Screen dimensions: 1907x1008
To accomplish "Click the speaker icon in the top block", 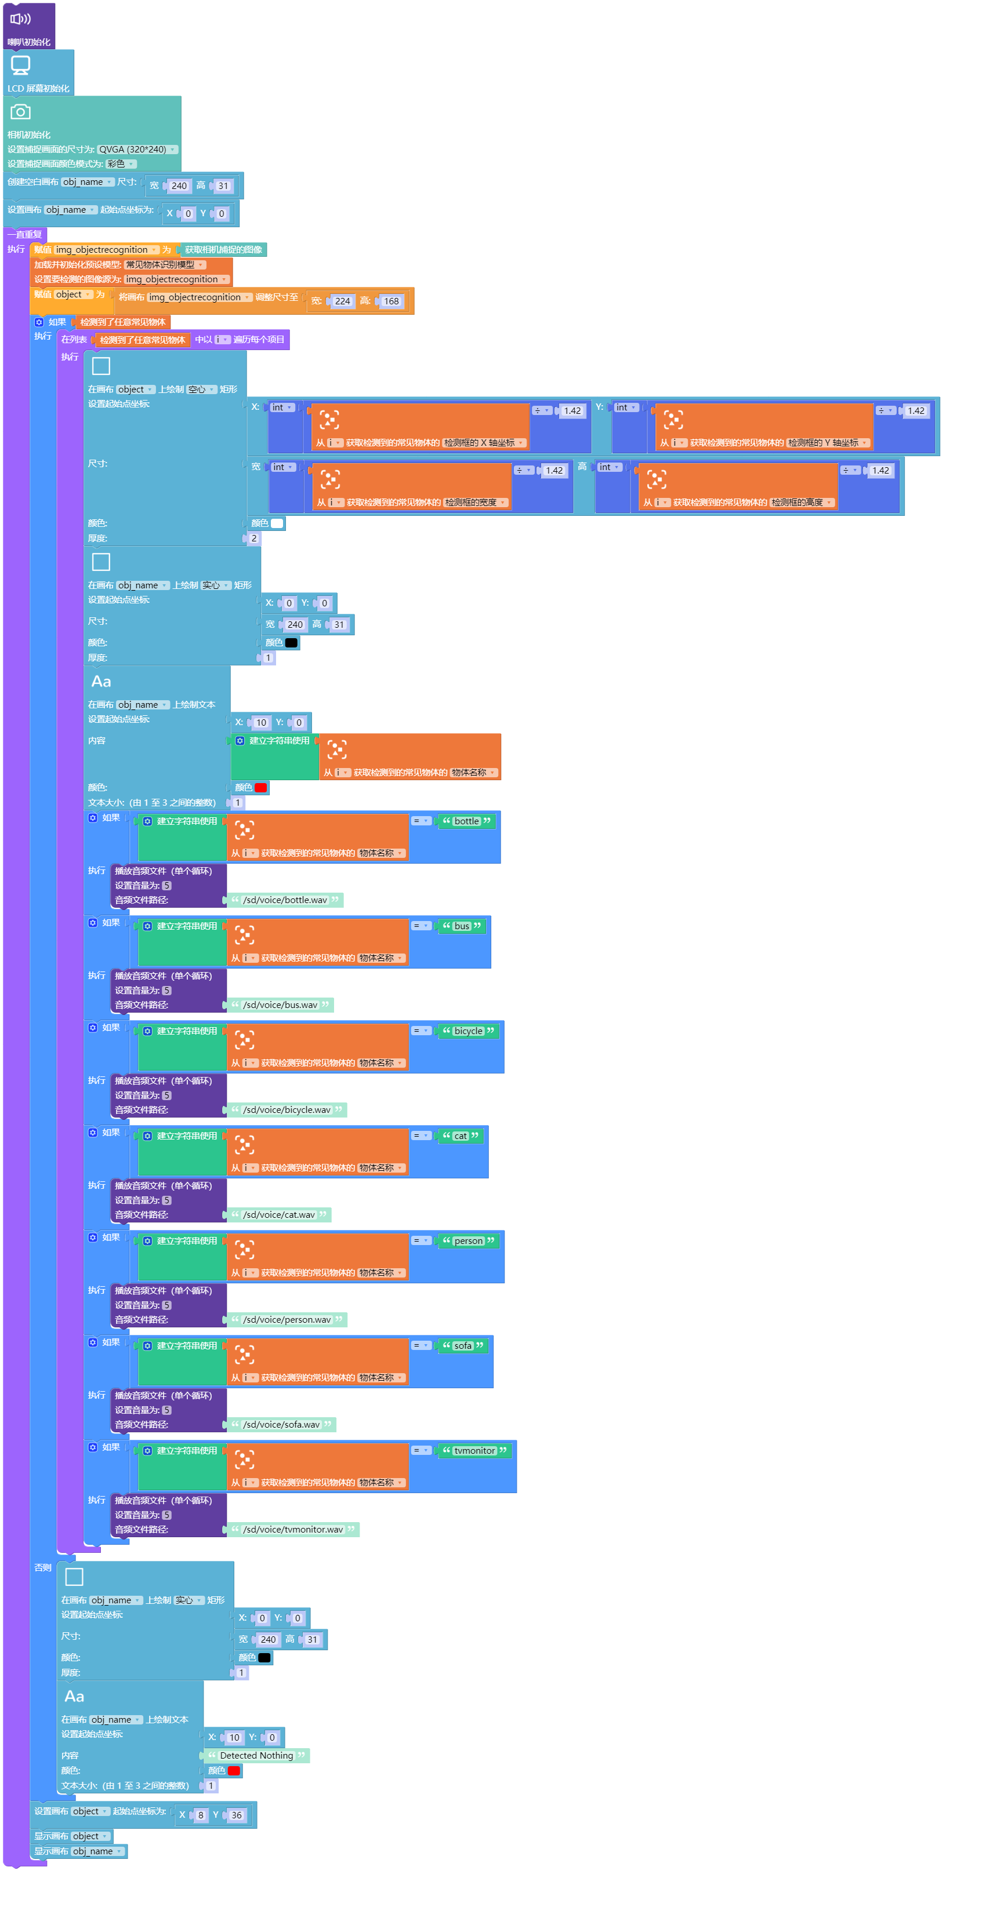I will (x=20, y=19).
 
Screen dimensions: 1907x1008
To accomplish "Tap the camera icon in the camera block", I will (x=21, y=112).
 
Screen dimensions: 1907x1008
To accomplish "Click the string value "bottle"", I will (x=467, y=821).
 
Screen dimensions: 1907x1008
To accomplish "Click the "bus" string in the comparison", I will (x=462, y=926).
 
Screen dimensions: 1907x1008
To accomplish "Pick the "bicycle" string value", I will (x=468, y=1031).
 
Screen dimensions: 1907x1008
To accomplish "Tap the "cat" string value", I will (x=461, y=1136).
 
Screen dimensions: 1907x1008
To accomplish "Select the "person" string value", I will (x=468, y=1241).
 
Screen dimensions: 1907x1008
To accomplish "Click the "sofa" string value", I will (x=463, y=1346).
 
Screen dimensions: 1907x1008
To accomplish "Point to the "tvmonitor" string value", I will (x=475, y=1451).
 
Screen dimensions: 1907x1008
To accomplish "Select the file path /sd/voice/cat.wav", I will (x=278, y=1215).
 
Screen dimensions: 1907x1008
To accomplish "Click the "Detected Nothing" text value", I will (x=256, y=1755).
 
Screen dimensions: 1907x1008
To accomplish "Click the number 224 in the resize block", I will (x=342, y=301).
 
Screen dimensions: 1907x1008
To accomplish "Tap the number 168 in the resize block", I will (x=391, y=301).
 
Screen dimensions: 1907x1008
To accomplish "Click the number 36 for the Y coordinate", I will (x=236, y=1815).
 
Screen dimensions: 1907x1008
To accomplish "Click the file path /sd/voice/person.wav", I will (x=287, y=1320).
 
